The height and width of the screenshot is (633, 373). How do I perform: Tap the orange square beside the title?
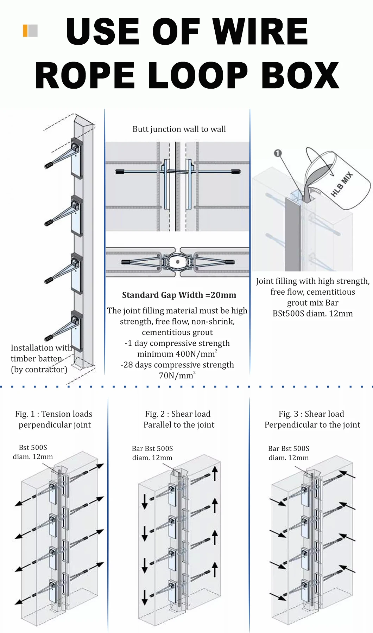25,31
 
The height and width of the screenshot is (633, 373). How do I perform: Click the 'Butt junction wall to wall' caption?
179,129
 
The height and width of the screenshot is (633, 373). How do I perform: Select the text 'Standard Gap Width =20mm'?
179,295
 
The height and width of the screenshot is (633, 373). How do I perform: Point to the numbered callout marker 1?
278,153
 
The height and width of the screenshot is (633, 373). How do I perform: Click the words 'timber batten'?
36,359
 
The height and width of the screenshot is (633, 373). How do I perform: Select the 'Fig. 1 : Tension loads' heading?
54,414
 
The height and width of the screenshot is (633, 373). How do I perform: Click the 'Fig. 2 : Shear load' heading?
178,414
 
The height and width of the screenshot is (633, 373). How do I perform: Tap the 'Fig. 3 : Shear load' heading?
311,414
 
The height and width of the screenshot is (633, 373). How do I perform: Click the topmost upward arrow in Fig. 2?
215,473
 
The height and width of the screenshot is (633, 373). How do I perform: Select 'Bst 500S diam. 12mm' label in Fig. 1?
33,452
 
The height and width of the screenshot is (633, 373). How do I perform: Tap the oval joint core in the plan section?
178,262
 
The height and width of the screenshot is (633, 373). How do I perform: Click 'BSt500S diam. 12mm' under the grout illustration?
312,314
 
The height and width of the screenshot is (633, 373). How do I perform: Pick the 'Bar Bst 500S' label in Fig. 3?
289,449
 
